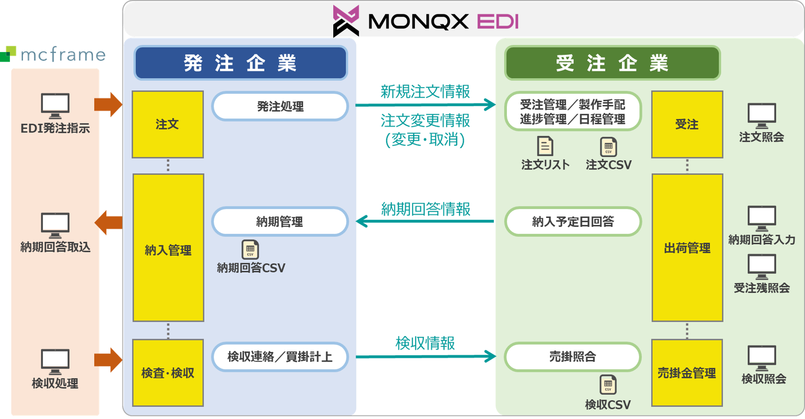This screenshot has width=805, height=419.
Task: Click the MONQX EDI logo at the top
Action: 425,21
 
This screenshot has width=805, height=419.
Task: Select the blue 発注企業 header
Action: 240,63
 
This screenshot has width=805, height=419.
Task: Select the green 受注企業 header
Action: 612,63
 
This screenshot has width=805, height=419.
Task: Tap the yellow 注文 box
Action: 168,124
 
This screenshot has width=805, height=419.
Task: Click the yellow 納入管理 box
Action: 168,247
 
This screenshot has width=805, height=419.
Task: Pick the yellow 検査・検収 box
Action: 168,373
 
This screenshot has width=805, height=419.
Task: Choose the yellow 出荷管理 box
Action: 687,247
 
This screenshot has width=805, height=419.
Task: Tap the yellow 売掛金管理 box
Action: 687,373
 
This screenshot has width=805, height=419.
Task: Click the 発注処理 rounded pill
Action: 280,106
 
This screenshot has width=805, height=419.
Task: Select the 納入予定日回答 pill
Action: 573,222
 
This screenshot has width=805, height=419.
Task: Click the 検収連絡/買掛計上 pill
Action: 280,357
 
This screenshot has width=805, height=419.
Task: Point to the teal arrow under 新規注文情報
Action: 425,105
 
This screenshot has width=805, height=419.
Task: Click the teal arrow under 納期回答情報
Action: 425,221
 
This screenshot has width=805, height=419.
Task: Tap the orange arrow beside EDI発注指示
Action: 108,104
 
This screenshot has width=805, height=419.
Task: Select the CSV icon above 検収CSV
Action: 608,385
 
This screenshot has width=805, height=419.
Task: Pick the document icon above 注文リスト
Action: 545,146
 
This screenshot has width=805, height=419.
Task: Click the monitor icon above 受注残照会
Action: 762,266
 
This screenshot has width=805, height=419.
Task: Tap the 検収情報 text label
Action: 425,343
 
